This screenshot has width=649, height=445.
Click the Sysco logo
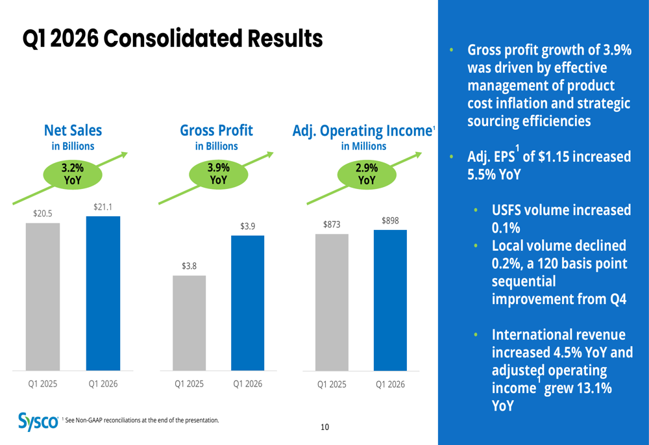pyautogui.click(x=38, y=422)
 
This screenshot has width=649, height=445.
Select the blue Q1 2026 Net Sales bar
pyautogui.click(x=103, y=293)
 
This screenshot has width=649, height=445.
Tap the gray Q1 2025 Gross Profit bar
pyautogui.click(x=189, y=323)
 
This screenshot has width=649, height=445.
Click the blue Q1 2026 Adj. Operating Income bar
pyautogui.click(x=390, y=300)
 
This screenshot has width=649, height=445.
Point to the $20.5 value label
pyautogui.click(x=42, y=213)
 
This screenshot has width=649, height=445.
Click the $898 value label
pyautogui.click(x=390, y=221)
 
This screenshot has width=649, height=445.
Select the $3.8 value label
pyautogui.click(x=189, y=266)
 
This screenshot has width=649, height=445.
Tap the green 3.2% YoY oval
pyautogui.click(x=73, y=173)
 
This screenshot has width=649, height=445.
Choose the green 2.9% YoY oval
pyautogui.click(x=367, y=173)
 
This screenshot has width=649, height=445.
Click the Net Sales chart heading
pyautogui.click(x=73, y=131)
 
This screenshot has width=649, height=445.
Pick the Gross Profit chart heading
pyautogui.click(x=216, y=131)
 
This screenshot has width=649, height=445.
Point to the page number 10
pyautogui.click(x=324, y=427)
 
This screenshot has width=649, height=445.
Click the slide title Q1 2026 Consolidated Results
pyautogui.click(x=173, y=39)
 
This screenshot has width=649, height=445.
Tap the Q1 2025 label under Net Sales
pyautogui.click(x=42, y=384)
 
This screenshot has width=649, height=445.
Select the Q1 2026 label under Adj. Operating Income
pyautogui.click(x=390, y=385)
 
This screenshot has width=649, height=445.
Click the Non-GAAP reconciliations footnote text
pyautogui.click(x=142, y=420)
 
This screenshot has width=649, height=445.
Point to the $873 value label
pyautogui.click(x=332, y=225)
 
